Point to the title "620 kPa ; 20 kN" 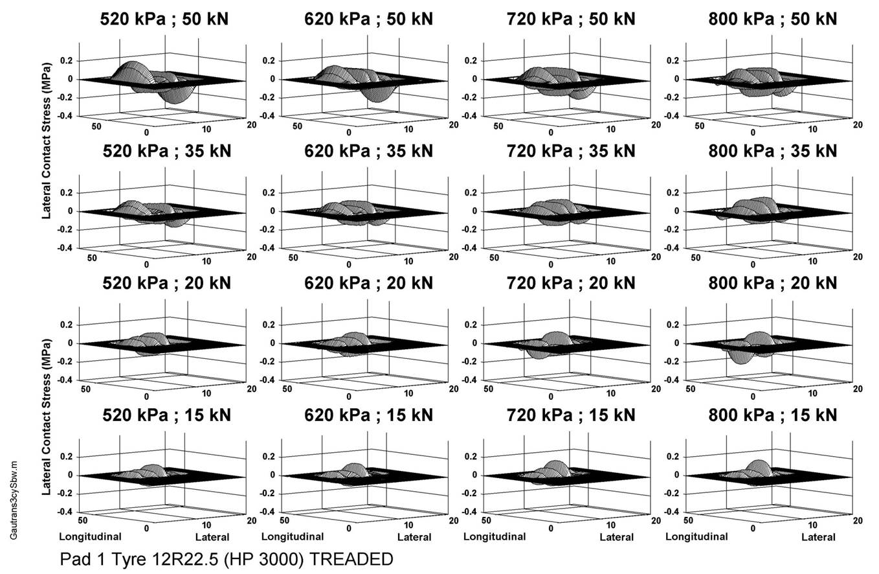368,283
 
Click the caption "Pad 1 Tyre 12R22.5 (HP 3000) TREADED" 226,558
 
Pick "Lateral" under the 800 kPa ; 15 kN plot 818,537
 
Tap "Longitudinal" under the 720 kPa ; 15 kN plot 494,536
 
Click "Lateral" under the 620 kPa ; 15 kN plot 414,537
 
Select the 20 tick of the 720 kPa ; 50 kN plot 655,124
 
